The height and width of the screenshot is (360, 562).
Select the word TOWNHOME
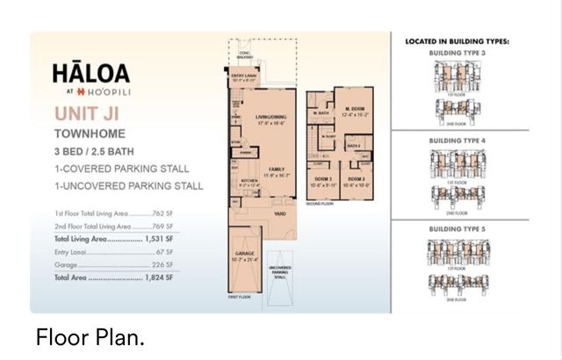[89, 134]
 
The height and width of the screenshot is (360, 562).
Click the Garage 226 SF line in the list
[114, 263]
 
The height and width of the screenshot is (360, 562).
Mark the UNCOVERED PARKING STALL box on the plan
[280, 271]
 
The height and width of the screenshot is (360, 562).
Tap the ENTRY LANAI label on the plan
[243, 77]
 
